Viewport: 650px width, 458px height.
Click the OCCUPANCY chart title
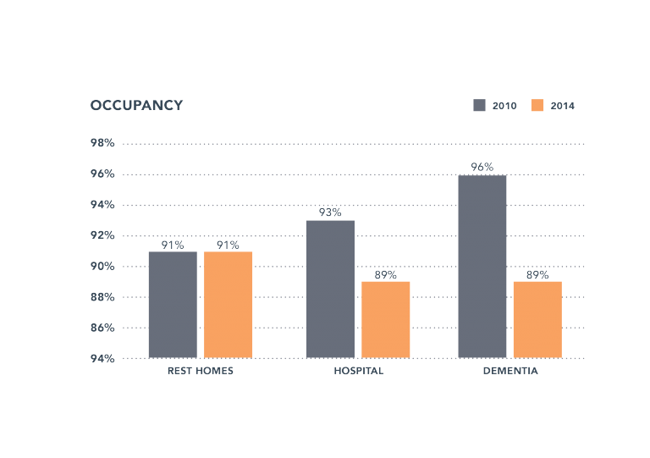pyautogui.click(x=136, y=105)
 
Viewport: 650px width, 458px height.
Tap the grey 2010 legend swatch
pyautogui.click(x=479, y=105)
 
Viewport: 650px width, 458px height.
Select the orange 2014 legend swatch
pyautogui.click(x=537, y=105)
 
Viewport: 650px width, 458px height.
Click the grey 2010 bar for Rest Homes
pyautogui.click(x=173, y=305)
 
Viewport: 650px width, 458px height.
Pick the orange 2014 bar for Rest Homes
pyautogui.click(x=228, y=305)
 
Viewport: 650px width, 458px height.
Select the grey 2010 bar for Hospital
pyautogui.click(x=330, y=289)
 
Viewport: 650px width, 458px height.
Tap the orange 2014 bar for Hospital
pyautogui.click(x=386, y=319)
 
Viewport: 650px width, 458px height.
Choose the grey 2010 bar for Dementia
pyautogui.click(x=482, y=266)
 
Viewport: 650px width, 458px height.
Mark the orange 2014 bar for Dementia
pyautogui.click(x=537, y=319)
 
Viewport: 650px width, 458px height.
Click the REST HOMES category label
pyautogui.click(x=201, y=371)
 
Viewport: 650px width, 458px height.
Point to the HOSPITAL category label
pyautogui.click(x=358, y=371)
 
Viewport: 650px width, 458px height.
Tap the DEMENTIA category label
pyautogui.click(x=510, y=371)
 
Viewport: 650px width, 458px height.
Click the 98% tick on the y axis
pyautogui.click(x=102, y=143)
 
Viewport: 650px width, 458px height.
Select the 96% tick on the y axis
pyautogui.click(x=102, y=174)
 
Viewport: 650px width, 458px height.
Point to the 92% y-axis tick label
pyautogui.click(x=102, y=235)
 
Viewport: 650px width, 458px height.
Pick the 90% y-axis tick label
pyautogui.click(x=102, y=266)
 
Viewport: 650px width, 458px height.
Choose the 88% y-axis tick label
pyautogui.click(x=102, y=297)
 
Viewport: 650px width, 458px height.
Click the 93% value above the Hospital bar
pyautogui.click(x=330, y=213)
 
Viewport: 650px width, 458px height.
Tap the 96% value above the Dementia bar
pyautogui.click(x=482, y=167)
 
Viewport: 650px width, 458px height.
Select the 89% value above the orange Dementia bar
pyautogui.click(x=537, y=274)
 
